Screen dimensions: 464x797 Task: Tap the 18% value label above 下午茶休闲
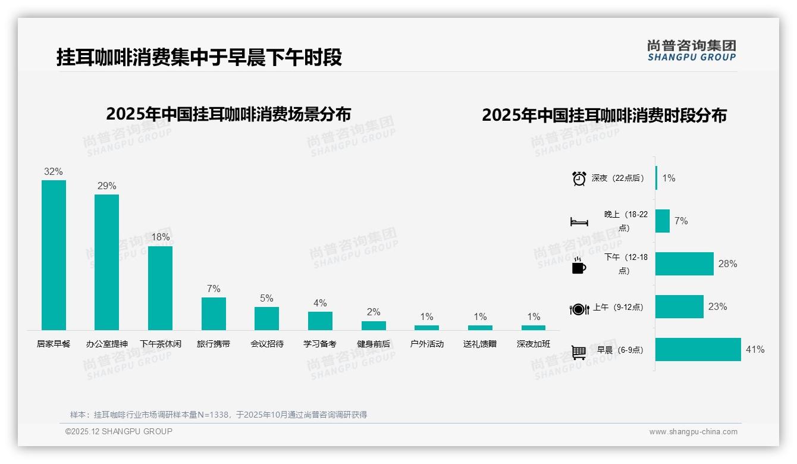(160, 237)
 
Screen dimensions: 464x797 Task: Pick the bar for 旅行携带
(214, 313)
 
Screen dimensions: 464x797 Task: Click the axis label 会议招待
(267, 344)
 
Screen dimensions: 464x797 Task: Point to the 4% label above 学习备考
(320, 303)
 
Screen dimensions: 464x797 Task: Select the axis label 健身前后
(374, 344)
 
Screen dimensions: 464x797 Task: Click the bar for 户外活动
(426, 328)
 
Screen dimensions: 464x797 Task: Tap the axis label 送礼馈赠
(480, 344)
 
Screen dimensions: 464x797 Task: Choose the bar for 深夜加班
(534, 328)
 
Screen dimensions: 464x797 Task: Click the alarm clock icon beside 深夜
(579, 178)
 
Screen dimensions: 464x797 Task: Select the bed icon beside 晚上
(579, 222)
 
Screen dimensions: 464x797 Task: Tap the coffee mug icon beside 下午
(579, 266)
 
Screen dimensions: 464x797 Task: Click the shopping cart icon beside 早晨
(579, 352)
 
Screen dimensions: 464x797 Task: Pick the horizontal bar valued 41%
(698, 350)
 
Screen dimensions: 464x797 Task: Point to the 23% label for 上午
(717, 307)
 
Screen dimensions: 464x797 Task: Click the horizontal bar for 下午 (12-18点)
(685, 264)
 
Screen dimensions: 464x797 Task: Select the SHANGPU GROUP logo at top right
(692, 51)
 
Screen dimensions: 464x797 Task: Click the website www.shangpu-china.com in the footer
(693, 432)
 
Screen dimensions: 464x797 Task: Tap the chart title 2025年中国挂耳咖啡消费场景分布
(228, 114)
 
